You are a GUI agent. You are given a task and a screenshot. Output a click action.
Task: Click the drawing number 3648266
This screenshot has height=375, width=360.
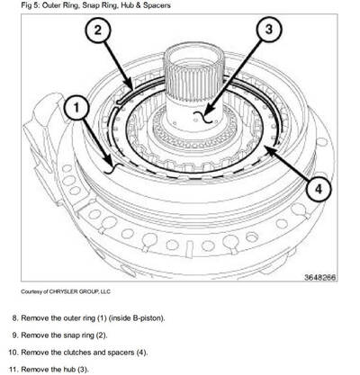coord(319,277)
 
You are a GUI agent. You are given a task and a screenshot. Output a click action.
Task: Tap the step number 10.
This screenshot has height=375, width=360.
coord(12,352)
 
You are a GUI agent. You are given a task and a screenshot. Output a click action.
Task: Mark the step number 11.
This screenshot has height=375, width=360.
coord(12,368)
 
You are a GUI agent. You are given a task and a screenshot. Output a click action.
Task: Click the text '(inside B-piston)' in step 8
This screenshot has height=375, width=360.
coord(133,318)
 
